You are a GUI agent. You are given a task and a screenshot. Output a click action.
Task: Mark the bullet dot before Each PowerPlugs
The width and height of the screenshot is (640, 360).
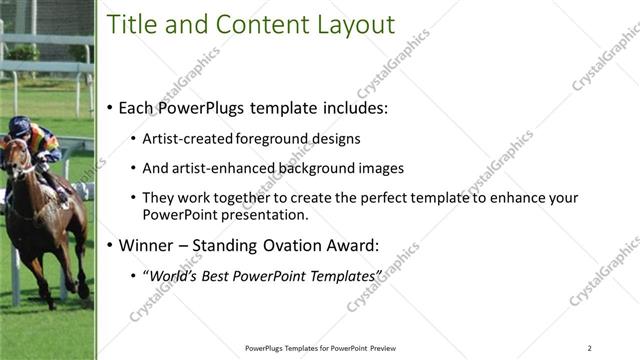(109, 108)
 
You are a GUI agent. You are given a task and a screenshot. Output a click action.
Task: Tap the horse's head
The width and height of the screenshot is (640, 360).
(15, 155)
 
